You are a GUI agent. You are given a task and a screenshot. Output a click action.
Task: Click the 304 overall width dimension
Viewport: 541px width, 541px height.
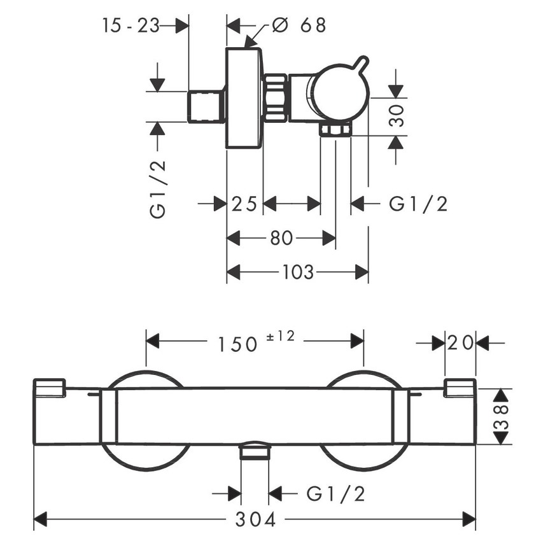point(256,519)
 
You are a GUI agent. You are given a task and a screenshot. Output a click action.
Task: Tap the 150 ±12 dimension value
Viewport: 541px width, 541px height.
point(256,342)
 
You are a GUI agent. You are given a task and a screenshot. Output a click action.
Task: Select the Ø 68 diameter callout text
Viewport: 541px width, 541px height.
point(299,25)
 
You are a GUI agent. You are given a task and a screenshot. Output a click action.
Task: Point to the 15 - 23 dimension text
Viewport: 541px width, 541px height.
point(130,25)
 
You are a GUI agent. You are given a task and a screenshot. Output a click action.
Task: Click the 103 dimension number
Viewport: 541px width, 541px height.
point(298,272)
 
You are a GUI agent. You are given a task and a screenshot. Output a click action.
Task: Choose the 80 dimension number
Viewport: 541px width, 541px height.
point(281,238)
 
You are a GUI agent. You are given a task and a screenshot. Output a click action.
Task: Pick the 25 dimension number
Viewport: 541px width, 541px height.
point(244,204)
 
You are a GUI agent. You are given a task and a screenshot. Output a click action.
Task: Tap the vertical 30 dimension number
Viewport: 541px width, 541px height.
point(397,116)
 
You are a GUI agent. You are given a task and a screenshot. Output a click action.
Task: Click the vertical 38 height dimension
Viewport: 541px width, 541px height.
point(502,416)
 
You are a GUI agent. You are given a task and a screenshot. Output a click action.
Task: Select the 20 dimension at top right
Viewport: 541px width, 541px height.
point(460,343)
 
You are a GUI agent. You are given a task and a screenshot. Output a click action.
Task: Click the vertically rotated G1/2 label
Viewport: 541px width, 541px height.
point(158,189)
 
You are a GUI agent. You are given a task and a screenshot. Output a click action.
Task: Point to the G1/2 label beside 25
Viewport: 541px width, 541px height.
point(418,204)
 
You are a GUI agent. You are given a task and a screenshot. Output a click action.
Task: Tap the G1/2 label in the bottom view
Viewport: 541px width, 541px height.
point(335,494)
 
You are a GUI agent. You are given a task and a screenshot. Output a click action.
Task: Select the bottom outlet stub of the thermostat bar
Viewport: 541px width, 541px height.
point(255,451)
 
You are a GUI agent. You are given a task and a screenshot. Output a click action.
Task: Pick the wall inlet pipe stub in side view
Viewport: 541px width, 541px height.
point(206,107)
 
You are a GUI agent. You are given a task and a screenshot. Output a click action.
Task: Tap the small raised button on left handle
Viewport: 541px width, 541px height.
point(50,388)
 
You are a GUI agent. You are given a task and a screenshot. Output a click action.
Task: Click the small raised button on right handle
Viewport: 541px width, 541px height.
point(461,388)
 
